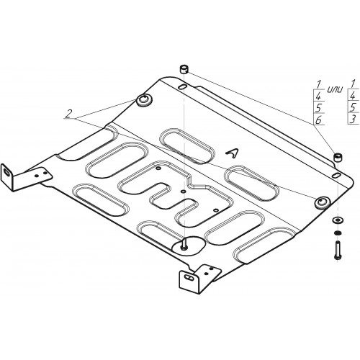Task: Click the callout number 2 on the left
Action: (x=69, y=114)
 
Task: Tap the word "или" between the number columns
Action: (x=335, y=89)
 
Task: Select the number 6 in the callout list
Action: (x=318, y=120)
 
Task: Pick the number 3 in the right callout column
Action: (x=353, y=120)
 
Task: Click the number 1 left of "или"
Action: (x=318, y=84)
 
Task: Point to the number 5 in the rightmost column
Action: (x=352, y=107)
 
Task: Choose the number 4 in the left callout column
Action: (x=318, y=96)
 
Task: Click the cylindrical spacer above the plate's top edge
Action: (x=184, y=69)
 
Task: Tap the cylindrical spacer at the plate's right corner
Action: (x=338, y=158)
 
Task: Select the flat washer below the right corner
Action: (x=338, y=220)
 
